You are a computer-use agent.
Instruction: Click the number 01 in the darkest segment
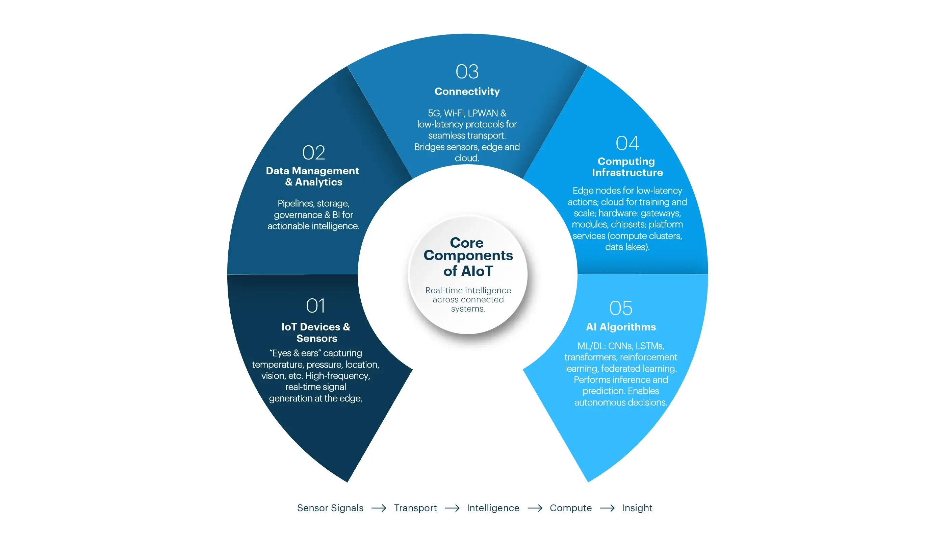point(315,306)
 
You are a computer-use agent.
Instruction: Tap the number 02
point(314,152)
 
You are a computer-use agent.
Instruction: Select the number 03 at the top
point(467,71)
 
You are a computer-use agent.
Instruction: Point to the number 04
point(627,143)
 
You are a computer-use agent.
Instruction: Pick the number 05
point(621,308)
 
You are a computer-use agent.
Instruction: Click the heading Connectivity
point(467,92)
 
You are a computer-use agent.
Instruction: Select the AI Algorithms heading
point(621,327)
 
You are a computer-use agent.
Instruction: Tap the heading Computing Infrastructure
point(627,167)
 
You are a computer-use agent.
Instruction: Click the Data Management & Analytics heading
point(313,176)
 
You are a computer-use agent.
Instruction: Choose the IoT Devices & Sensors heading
point(316,332)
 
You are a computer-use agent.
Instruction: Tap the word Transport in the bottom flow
point(415,508)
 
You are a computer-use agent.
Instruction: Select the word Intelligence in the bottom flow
point(493,508)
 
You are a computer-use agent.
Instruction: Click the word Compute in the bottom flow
point(571,508)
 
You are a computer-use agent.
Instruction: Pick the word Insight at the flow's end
point(637,508)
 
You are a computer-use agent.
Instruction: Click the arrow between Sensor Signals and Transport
point(379,508)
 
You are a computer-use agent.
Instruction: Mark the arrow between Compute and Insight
point(607,508)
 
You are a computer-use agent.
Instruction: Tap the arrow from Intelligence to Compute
point(534,508)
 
